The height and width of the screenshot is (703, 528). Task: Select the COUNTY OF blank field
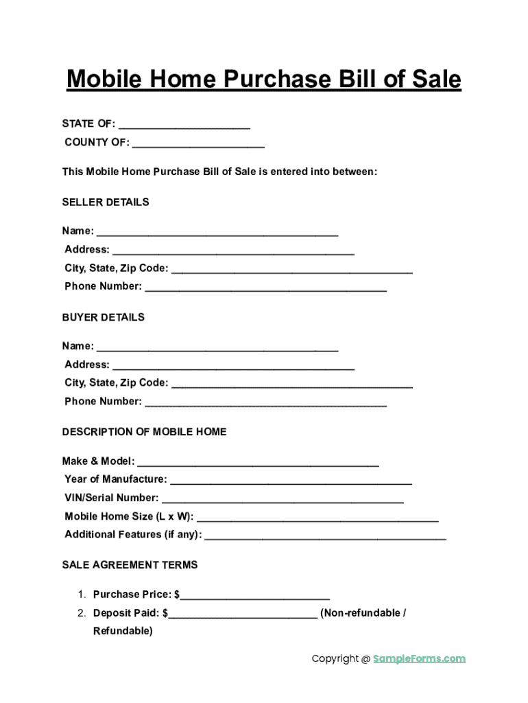(198, 143)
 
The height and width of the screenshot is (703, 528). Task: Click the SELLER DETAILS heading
(106, 203)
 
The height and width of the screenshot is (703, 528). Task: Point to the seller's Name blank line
(217, 232)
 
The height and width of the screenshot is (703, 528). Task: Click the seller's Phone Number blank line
(266, 288)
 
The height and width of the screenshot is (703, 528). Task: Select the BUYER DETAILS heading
(104, 318)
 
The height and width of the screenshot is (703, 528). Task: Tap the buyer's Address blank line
(233, 366)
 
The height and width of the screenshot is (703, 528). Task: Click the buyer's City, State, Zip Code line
(291, 384)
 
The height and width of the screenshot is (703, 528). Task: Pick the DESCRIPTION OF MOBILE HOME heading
(144, 433)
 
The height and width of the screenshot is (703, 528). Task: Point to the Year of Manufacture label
(115, 479)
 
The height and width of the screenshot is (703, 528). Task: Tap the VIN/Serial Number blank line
(283, 499)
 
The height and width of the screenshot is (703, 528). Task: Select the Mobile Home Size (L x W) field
(317, 518)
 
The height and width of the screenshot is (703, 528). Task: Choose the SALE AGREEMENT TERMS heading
(130, 565)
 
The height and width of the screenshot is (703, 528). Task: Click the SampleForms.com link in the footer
(419, 659)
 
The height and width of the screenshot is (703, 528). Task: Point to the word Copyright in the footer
(335, 659)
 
